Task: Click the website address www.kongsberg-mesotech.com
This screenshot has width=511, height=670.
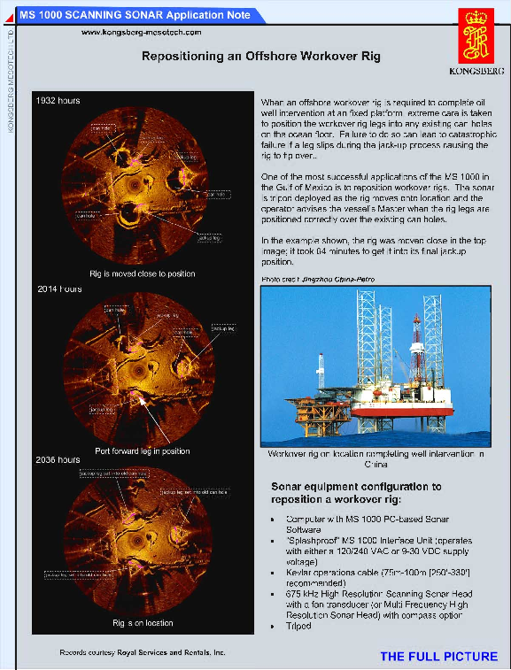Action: [x=142, y=32]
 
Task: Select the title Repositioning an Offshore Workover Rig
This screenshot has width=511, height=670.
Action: [x=261, y=56]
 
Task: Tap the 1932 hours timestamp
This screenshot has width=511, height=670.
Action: [x=58, y=101]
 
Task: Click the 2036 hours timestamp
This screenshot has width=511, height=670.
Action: [x=58, y=460]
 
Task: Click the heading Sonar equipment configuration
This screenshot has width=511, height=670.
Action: [x=355, y=487]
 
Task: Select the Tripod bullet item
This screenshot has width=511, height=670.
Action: [x=299, y=626]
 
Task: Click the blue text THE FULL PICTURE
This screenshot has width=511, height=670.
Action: [x=438, y=657]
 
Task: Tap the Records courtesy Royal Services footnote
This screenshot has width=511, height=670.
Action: [x=143, y=652]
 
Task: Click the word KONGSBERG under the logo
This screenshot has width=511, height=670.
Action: [x=481, y=71]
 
